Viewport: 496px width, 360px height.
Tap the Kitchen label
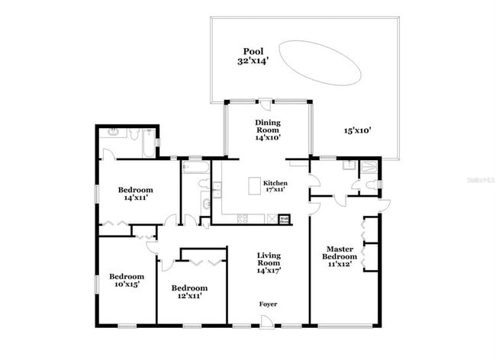[275, 183]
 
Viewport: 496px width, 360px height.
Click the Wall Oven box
[283, 219]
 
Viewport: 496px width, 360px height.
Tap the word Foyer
[268, 304]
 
